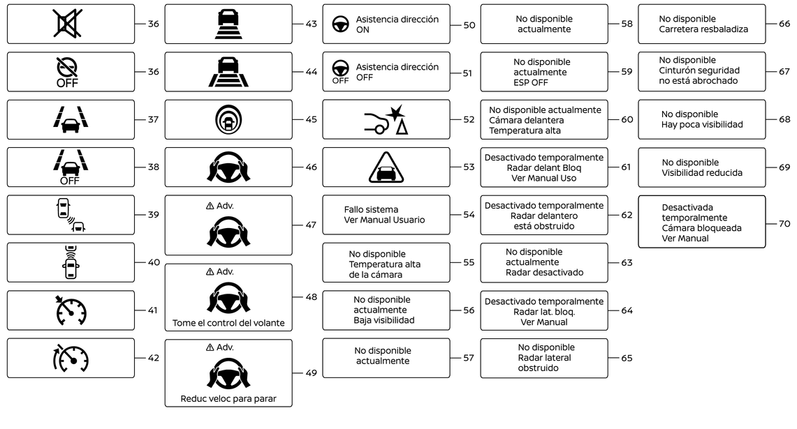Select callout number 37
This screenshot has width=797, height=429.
click(153, 119)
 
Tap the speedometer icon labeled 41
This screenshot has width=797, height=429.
click(71, 310)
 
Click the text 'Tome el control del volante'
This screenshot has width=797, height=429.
click(228, 324)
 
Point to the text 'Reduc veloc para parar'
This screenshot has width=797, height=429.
click(228, 400)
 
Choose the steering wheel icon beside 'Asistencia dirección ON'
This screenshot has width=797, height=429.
click(340, 24)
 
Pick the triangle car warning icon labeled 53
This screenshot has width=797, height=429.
click(386, 167)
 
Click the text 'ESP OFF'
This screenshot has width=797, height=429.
click(531, 82)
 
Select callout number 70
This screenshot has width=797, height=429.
click(784, 223)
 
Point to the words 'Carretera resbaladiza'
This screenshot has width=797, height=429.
click(703, 29)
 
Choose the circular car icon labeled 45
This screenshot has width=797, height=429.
click(228, 119)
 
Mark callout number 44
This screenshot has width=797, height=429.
click(311, 71)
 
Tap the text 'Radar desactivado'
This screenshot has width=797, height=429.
click(544, 273)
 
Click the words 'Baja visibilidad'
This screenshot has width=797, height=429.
click(383, 320)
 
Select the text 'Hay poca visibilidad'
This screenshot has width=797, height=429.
click(702, 124)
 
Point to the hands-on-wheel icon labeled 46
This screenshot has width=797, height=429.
click(228, 167)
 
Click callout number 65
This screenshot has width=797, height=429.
click(627, 358)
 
